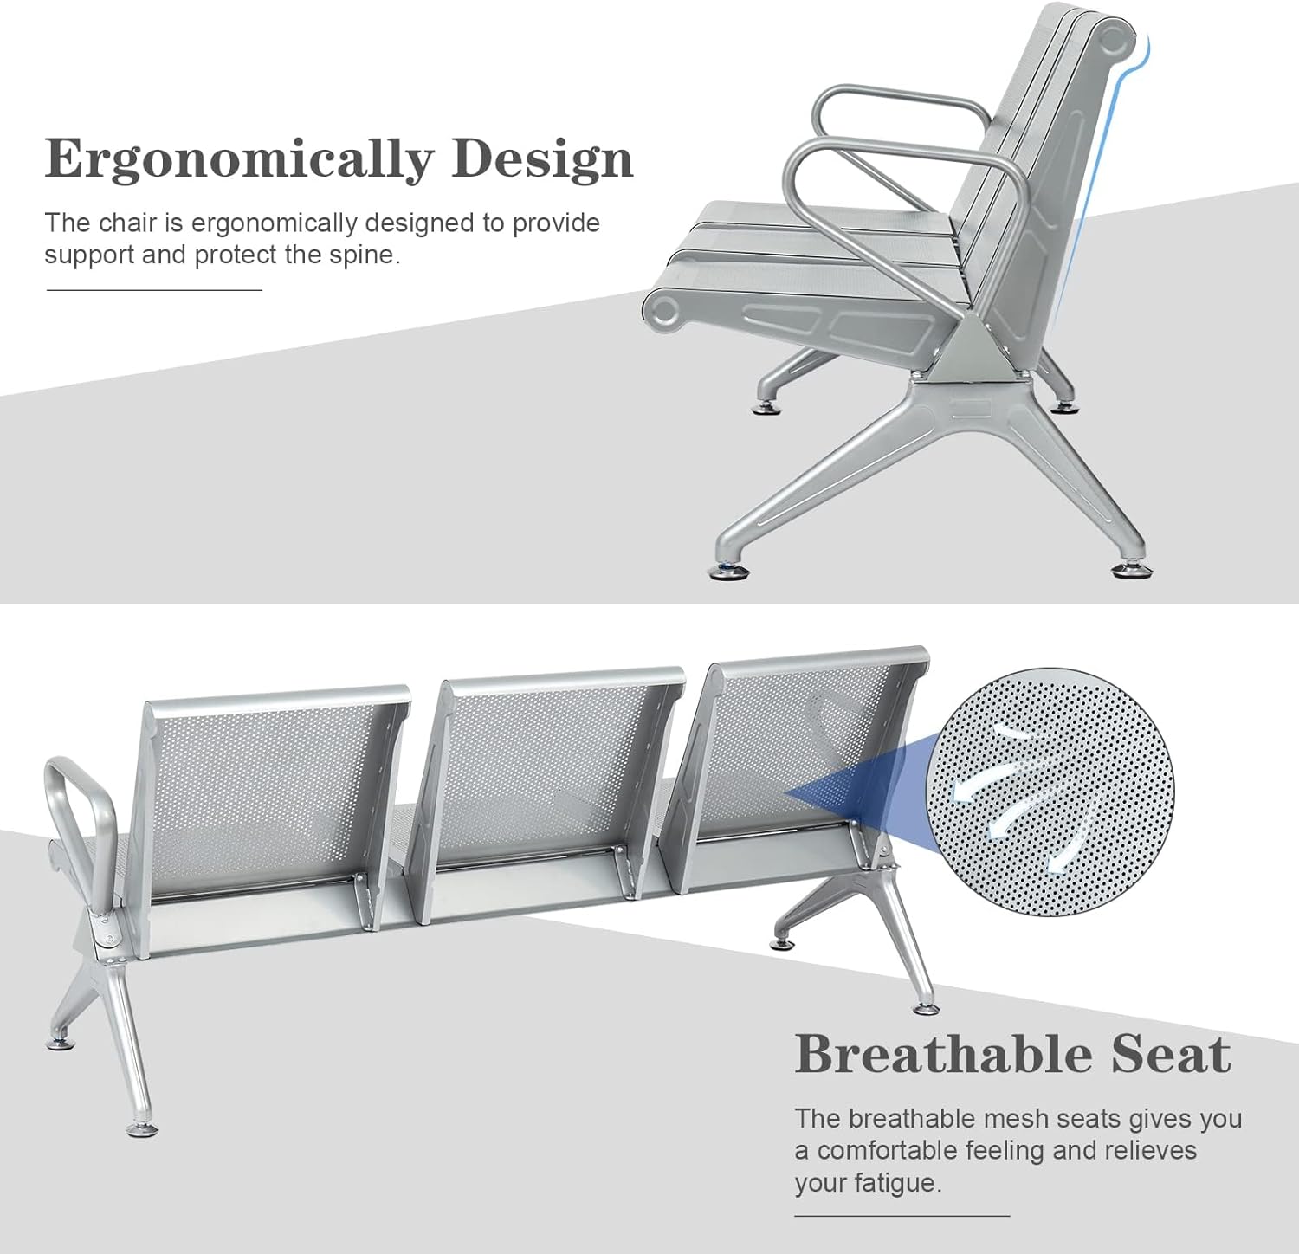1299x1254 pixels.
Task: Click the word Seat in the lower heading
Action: point(1171,1054)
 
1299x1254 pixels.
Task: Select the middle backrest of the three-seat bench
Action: point(546,779)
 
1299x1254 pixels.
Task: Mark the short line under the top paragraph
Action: point(153,290)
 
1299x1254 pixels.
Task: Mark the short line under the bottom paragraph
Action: point(902,1216)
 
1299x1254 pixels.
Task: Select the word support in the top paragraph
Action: point(79,255)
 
